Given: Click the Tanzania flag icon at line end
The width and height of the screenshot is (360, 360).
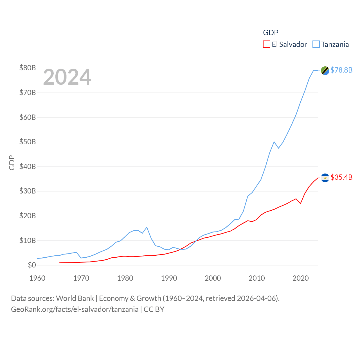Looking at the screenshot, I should [325, 71].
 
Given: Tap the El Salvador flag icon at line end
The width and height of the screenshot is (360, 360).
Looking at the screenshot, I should [325, 178].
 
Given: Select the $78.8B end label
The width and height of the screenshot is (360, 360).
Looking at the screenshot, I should [341, 70].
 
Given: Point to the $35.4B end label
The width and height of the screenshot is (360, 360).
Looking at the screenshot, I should [341, 177].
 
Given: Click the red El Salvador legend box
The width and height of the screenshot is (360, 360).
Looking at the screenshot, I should [266, 44].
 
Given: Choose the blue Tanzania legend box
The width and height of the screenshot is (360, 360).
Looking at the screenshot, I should [316, 44].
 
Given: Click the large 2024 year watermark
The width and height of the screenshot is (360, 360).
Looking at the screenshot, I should [67, 77].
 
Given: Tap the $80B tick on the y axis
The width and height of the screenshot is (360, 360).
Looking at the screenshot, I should [28, 68].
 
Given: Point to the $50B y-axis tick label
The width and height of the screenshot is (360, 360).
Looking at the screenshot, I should [28, 142].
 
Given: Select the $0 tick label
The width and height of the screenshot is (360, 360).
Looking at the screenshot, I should [32, 265].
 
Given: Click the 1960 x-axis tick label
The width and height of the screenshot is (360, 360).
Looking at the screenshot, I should [37, 278].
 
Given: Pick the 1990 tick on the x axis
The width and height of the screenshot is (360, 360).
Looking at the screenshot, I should [169, 278].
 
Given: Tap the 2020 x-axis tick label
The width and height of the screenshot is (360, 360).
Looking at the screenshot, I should [301, 278].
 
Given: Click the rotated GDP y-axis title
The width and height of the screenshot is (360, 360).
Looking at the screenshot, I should [12, 163].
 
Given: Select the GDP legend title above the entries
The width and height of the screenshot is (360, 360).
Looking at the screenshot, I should [271, 33].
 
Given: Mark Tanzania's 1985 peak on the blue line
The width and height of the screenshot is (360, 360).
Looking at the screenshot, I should [147, 227].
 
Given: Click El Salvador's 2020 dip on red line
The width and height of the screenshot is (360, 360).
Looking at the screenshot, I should [301, 203].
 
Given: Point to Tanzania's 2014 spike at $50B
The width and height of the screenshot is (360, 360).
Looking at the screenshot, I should [274, 142].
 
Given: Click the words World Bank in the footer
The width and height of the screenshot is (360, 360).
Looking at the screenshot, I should [75, 298].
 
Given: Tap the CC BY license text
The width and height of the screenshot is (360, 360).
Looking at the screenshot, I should [154, 309].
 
